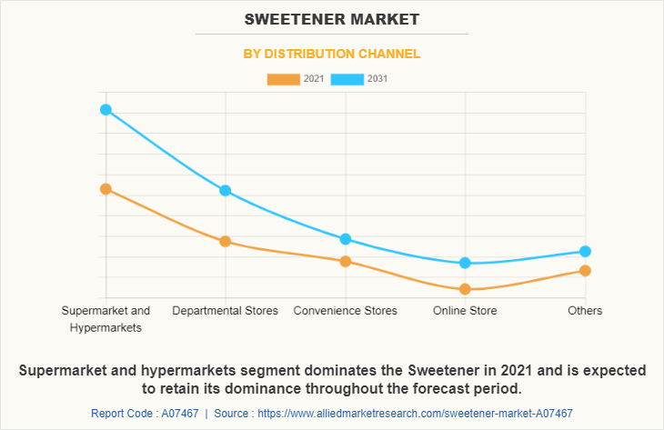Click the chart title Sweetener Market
tap(331, 18)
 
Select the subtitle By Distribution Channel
tap(331, 54)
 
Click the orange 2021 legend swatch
tap(283, 79)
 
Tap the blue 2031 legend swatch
tap(347, 79)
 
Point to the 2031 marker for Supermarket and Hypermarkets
tap(106, 110)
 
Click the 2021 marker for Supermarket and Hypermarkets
tap(106, 189)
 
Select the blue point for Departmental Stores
tap(226, 191)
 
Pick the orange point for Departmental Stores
tap(226, 242)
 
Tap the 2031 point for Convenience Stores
tap(346, 239)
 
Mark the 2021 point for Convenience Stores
tap(346, 262)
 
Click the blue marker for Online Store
tap(466, 263)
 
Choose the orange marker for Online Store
tap(466, 289)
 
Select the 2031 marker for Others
tap(585, 251)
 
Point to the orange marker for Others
tap(585, 271)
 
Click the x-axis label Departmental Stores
tap(226, 311)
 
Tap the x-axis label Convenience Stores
tap(346, 311)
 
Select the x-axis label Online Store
tap(466, 311)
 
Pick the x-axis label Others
tap(585, 311)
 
